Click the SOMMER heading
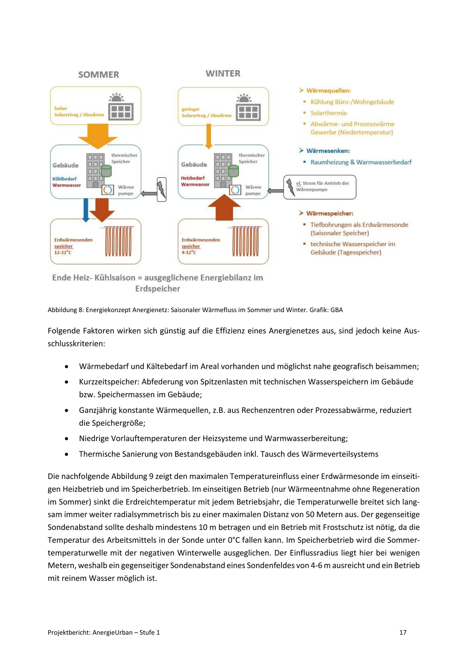(99, 75)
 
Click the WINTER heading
(223, 74)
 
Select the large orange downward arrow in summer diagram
(98, 136)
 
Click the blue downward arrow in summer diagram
(85, 209)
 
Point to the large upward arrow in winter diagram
(224, 208)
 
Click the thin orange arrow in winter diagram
(208, 136)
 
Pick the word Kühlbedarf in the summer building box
(64, 179)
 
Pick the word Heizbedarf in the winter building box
(193, 178)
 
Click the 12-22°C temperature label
(63, 252)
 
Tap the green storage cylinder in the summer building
(106, 171)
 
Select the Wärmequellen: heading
(328, 90)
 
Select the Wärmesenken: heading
(328, 151)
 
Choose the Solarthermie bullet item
(329, 113)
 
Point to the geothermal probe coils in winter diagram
(245, 241)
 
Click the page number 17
(403, 632)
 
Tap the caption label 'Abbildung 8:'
(66, 310)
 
